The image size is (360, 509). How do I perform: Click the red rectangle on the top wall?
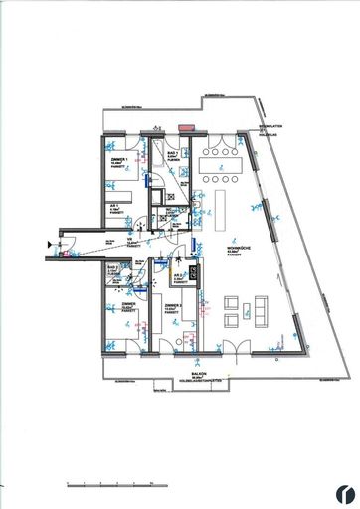[185, 127]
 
